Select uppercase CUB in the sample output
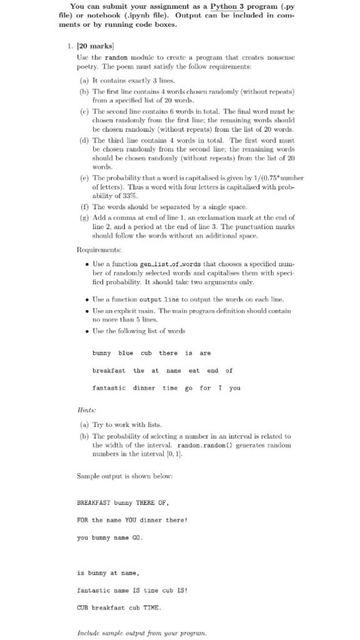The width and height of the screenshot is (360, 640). coord(83,607)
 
